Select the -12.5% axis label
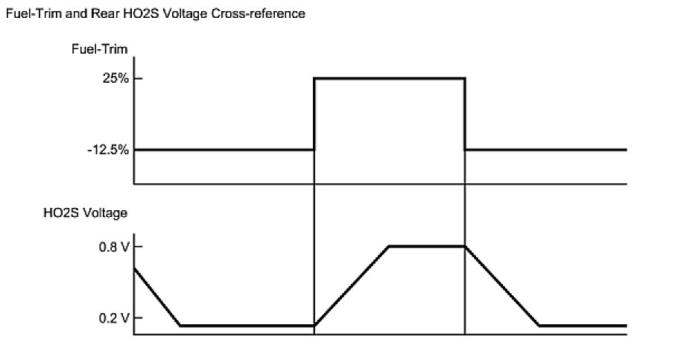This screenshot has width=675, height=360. tap(107, 150)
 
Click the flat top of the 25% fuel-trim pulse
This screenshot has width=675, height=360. tap(389, 78)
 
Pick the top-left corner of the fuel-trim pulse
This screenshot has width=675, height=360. tap(315, 78)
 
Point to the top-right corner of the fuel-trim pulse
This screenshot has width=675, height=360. tap(465, 78)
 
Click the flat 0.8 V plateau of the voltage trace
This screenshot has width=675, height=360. tap(426, 246)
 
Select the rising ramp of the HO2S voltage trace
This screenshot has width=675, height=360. tap(352, 285)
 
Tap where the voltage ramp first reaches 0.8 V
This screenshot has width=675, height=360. tap(389, 246)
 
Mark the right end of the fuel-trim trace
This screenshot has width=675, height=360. tap(626, 150)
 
